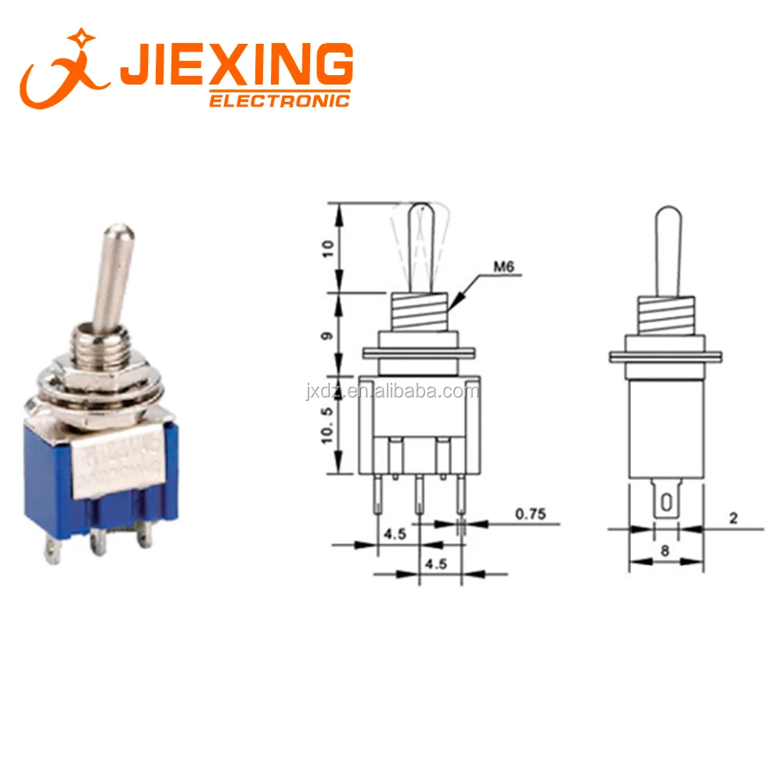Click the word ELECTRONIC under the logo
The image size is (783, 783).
click(x=279, y=100)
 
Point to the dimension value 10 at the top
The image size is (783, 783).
click(x=328, y=248)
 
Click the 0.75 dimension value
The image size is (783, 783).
click(x=530, y=514)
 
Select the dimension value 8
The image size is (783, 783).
click(x=665, y=550)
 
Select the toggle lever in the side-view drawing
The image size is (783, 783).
click(x=667, y=251)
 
